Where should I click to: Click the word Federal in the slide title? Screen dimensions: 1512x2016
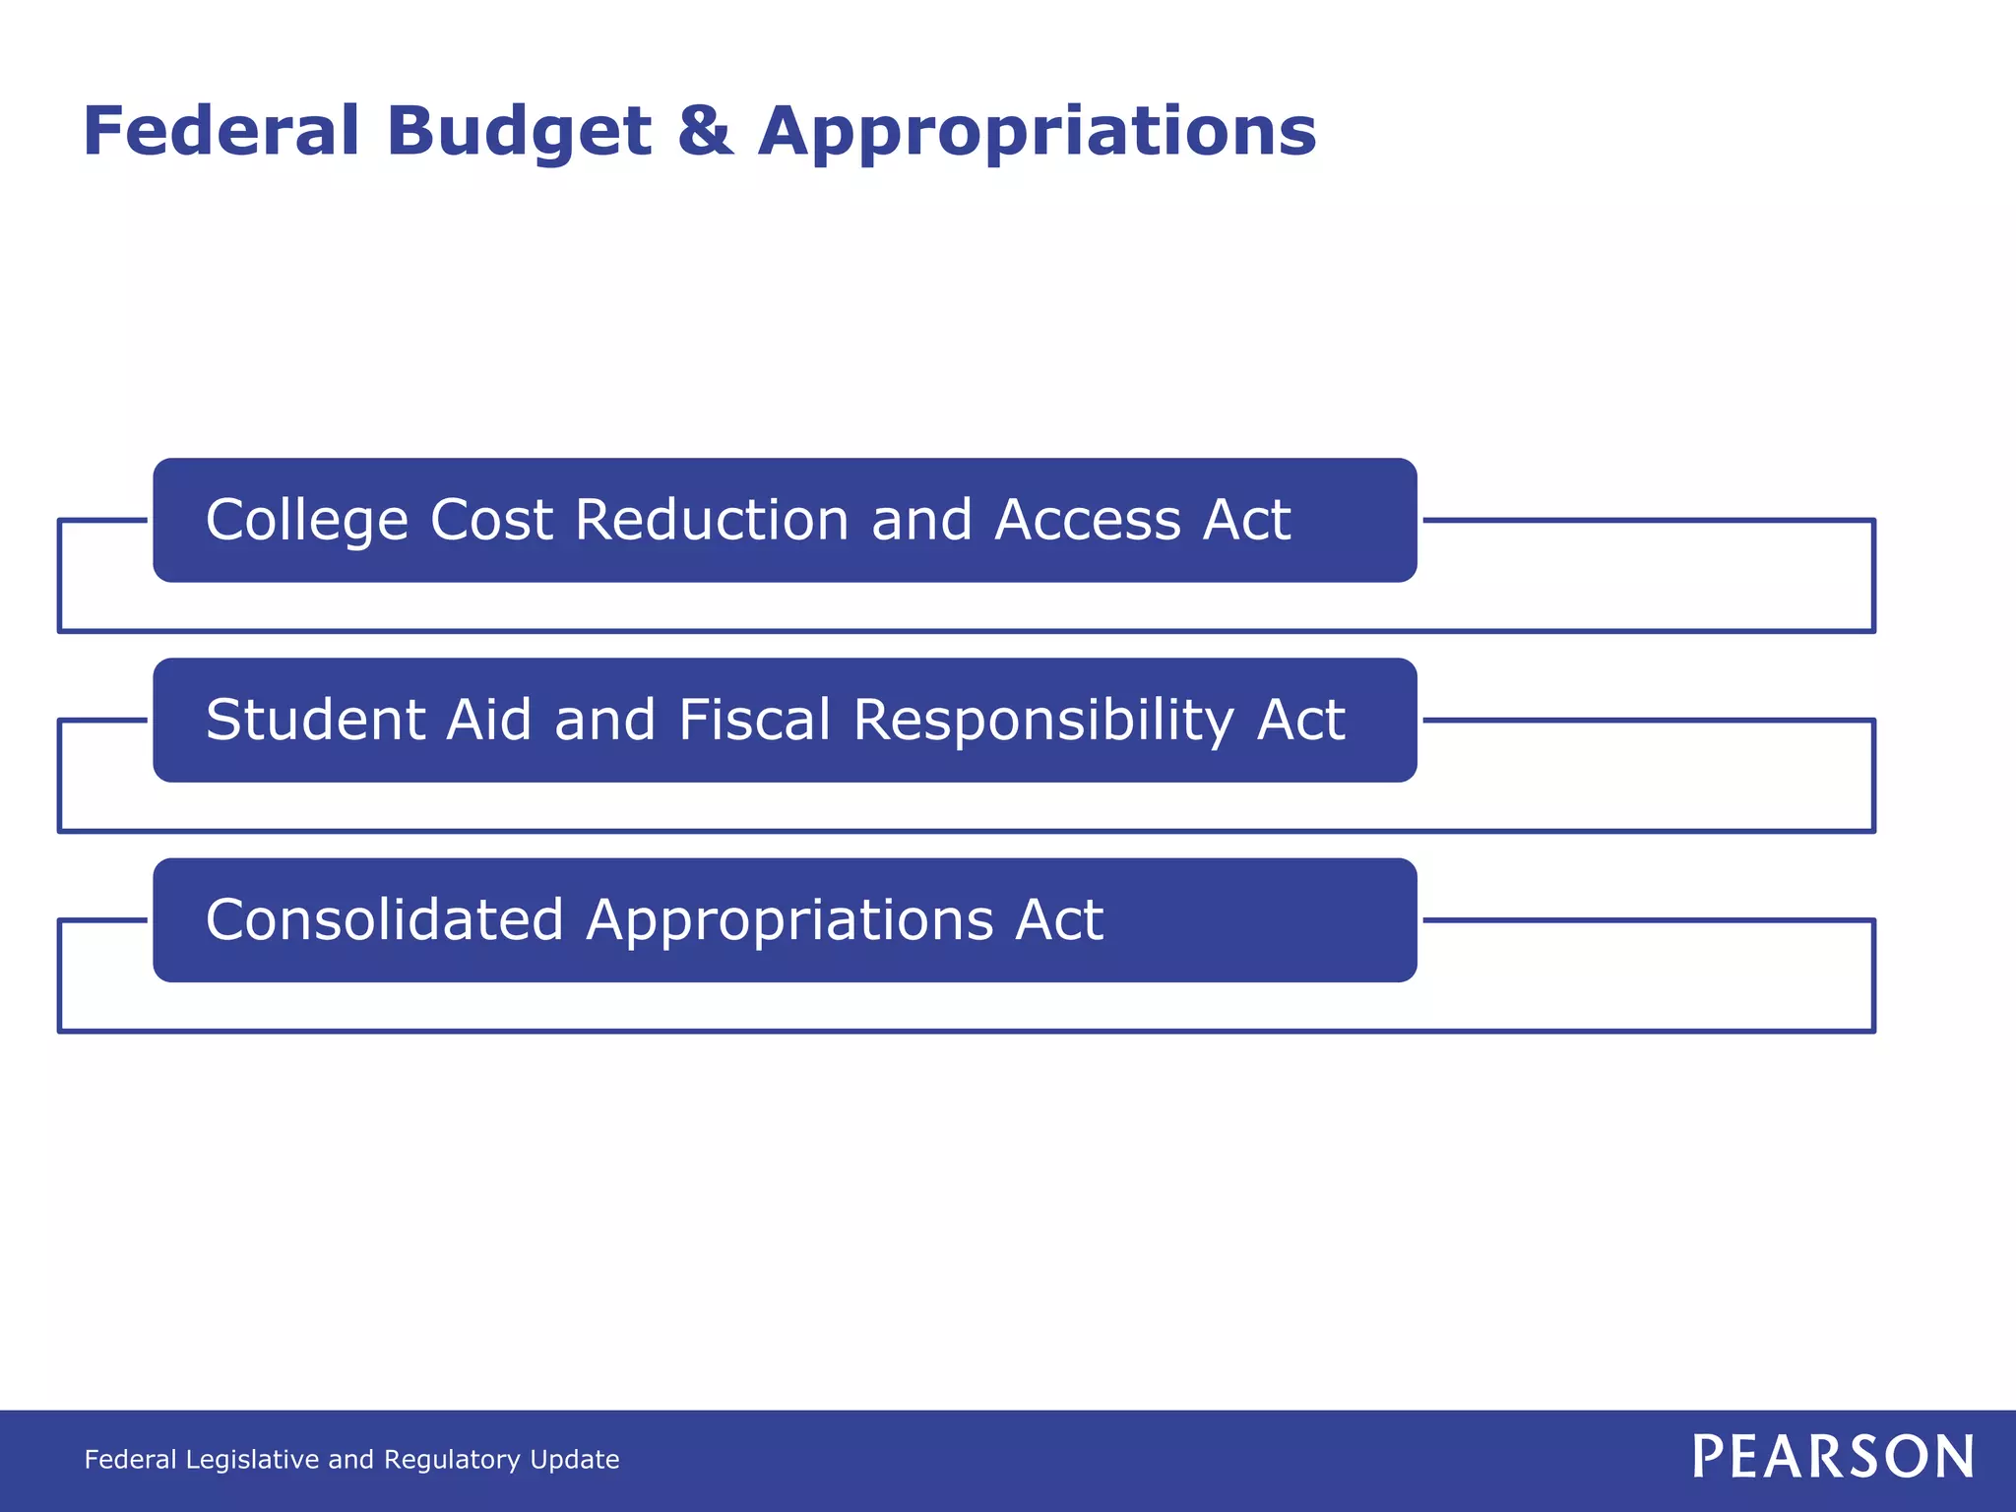pos(220,132)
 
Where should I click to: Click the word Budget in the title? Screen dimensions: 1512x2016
pos(519,132)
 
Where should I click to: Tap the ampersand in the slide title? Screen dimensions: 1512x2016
pos(705,132)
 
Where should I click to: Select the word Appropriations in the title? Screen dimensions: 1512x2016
pos(1037,132)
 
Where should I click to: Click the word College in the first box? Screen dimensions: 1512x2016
pos(306,521)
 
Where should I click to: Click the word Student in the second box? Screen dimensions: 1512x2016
pos(315,720)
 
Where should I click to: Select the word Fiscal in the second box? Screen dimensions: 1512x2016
pos(754,720)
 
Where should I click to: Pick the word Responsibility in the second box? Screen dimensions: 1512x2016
pos(1043,722)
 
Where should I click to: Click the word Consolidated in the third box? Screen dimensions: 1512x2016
pos(384,919)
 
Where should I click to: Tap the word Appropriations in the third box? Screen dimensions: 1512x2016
pos(789,921)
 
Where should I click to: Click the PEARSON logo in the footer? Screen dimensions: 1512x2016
pos(1833,1457)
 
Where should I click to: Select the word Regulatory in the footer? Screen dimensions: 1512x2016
pos(453,1460)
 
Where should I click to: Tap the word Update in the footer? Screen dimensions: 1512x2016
pos(575,1460)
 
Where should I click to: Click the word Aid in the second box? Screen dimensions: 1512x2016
pos(488,720)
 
